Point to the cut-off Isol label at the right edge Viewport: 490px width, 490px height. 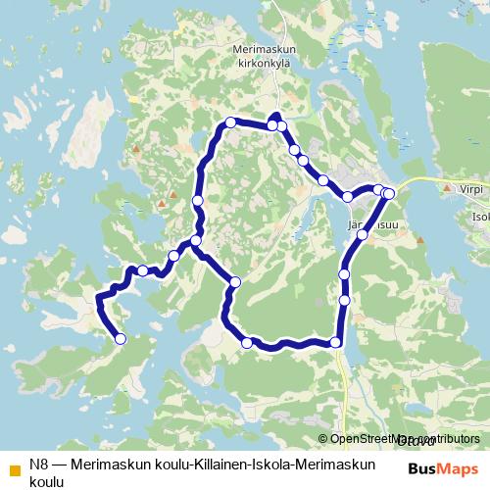(x=480, y=218)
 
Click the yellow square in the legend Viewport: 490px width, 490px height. (x=14, y=465)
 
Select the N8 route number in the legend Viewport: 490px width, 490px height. (x=39, y=464)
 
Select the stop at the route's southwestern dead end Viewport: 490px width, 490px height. (x=121, y=339)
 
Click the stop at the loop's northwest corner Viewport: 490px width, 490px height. (x=230, y=122)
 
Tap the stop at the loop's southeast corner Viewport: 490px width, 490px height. (x=336, y=342)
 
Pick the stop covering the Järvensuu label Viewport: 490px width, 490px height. (x=363, y=234)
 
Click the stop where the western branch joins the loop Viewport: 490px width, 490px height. (x=196, y=240)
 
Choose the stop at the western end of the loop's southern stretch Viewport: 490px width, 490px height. (x=247, y=342)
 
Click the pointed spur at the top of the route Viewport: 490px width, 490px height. (x=275, y=116)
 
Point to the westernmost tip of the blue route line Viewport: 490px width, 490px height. (x=96, y=297)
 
